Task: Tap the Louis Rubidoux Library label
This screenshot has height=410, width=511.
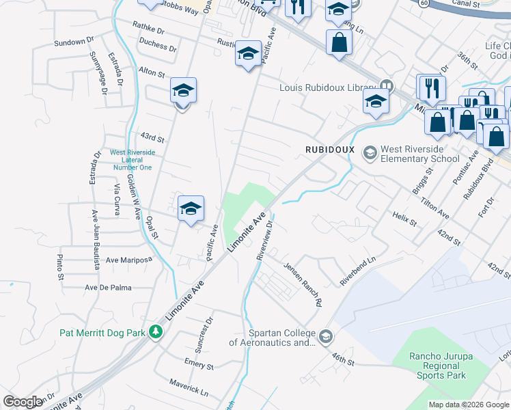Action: pos(327,87)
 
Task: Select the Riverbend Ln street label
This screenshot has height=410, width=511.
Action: pos(358,271)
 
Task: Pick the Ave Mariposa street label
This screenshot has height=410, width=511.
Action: pos(128,260)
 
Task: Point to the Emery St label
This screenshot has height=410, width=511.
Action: pos(199,364)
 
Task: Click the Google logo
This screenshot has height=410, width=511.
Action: pos(23,402)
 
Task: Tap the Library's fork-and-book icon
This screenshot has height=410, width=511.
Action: pos(386,86)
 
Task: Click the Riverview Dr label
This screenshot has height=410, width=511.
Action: pos(265,238)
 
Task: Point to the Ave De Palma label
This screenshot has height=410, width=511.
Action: pos(108,287)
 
